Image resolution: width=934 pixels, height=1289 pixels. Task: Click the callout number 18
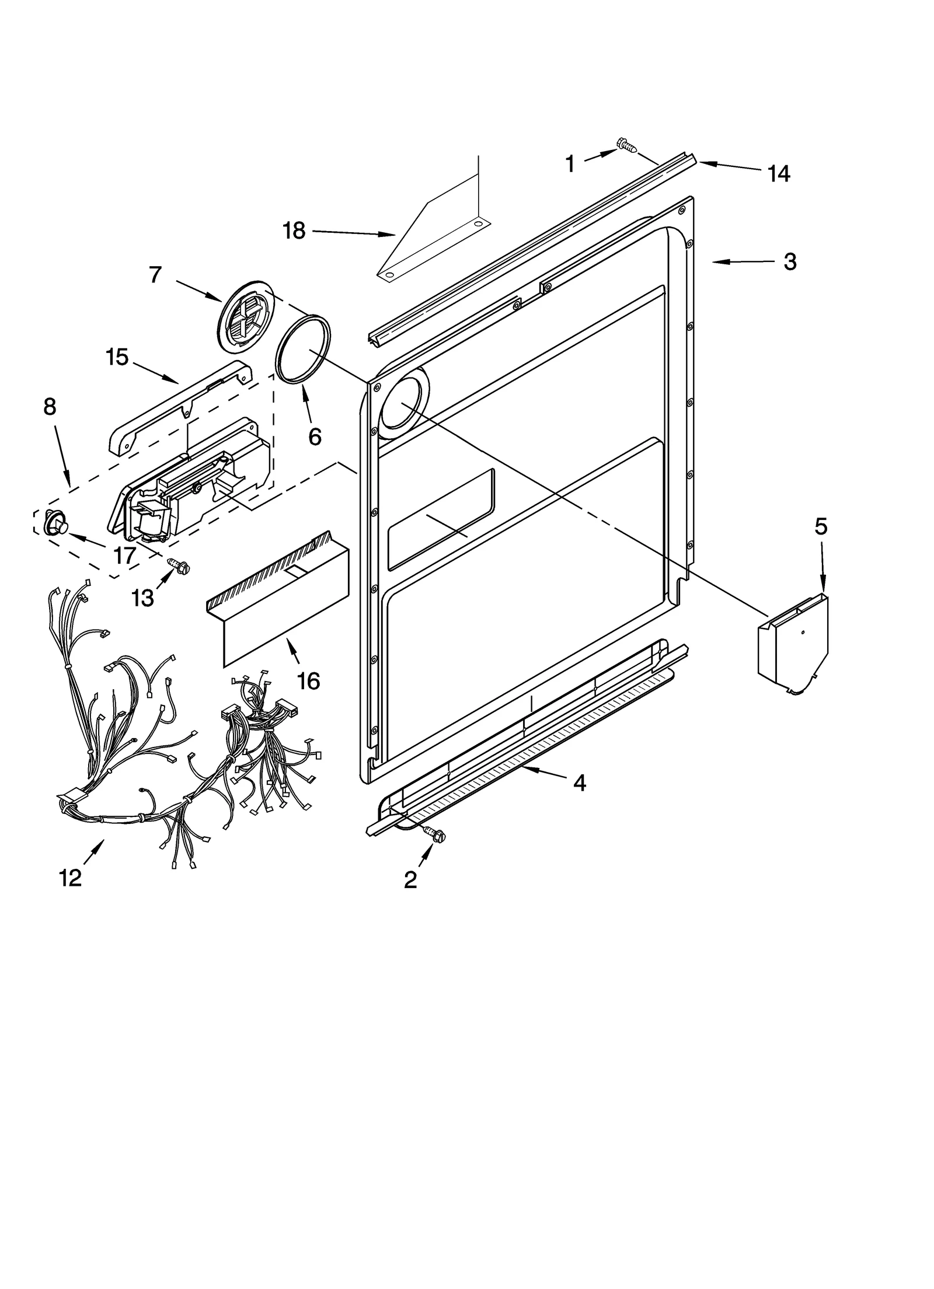point(294,231)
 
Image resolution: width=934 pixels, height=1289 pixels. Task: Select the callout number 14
point(779,173)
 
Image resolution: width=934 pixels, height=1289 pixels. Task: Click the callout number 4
point(578,783)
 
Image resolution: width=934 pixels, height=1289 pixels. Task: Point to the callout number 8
point(50,407)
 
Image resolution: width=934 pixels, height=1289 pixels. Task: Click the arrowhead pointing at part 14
point(703,164)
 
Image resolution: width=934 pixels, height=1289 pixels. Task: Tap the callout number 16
point(308,681)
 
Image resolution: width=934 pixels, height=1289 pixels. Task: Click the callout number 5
point(821,527)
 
